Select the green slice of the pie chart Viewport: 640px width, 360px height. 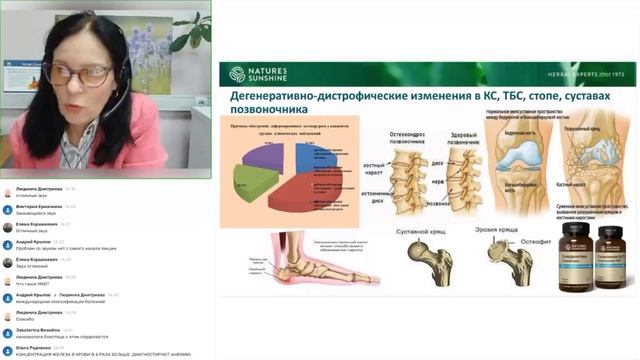pyautogui.click(x=254, y=183)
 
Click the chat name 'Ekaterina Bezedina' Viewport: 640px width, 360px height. pyautogui.click(x=40, y=329)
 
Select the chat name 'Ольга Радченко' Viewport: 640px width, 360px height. pyautogui.click(x=36, y=348)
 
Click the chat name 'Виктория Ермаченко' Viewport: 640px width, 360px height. pyautogui.click(x=39, y=206)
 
